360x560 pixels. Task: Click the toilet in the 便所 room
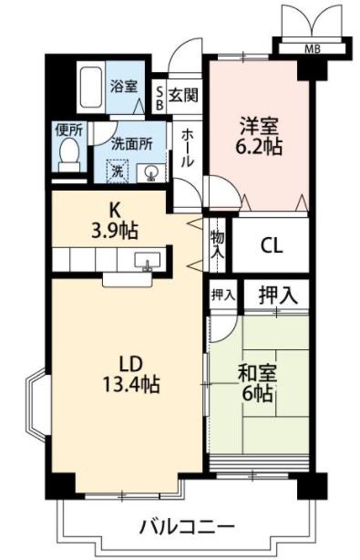68,157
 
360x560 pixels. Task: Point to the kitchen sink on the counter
146,263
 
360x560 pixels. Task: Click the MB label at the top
312,48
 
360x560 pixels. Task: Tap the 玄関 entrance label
184,93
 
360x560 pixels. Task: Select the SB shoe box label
159,98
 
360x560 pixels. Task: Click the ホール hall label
187,147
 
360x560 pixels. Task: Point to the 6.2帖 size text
258,145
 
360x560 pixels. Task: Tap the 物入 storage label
218,244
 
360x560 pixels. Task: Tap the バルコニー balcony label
187,526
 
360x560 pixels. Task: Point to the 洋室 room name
258,123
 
